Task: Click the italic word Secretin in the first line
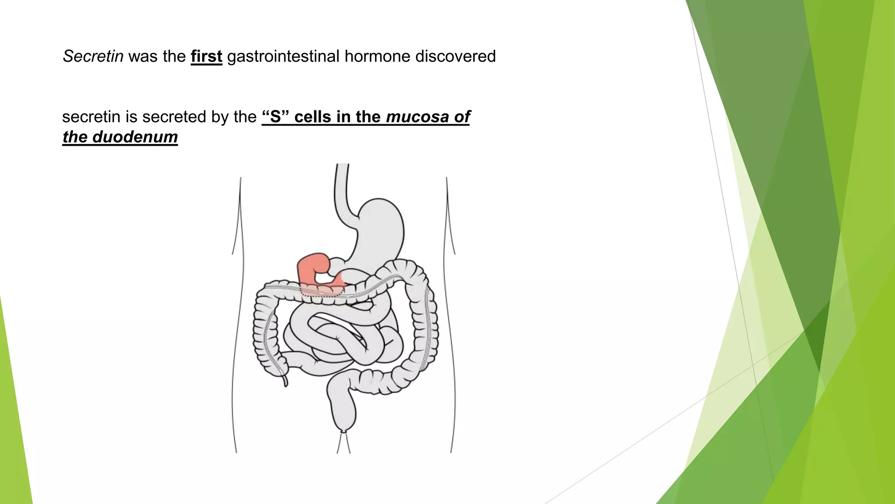[x=93, y=56]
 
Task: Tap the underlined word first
[x=206, y=56]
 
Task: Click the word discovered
[x=455, y=56]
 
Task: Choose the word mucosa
[x=411, y=117]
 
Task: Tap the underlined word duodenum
[x=135, y=137]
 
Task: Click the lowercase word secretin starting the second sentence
[x=91, y=117]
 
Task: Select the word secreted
[x=178, y=117]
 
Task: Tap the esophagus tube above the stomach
[x=341, y=188]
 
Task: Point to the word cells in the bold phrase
[x=312, y=117]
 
